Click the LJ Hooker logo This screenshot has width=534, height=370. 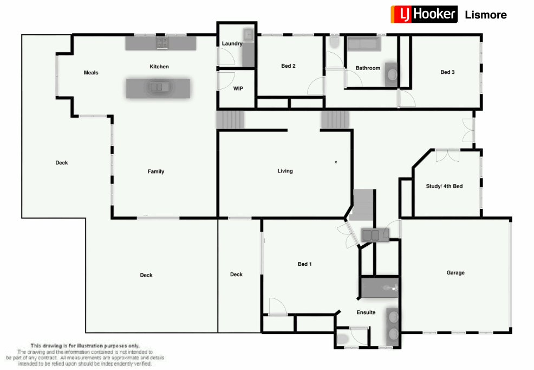click(424, 14)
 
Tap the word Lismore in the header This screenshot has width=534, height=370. click(486, 15)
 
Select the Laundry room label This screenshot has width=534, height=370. click(231, 43)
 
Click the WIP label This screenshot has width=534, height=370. click(238, 88)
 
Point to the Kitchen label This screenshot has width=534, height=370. click(159, 67)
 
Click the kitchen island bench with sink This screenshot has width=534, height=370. click(158, 88)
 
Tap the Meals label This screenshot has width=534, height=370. click(91, 73)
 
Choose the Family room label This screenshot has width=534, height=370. click(156, 171)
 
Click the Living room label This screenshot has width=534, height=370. click(285, 171)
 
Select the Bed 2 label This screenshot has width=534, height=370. click(288, 66)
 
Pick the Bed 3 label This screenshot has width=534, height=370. click(447, 72)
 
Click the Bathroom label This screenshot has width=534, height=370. click(368, 68)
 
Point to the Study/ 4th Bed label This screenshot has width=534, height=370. click(444, 186)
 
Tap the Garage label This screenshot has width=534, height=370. click(455, 273)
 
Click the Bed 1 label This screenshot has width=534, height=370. click(305, 264)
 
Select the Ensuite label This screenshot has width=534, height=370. click(366, 312)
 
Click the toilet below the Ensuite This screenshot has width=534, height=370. click(342, 339)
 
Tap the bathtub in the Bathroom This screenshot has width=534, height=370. click(365, 43)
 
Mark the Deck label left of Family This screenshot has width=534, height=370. click(62, 163)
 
